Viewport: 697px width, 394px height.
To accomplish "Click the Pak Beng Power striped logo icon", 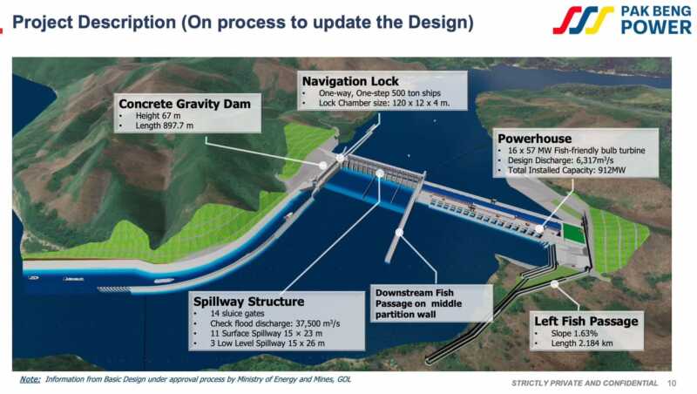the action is click(x=583, y=20).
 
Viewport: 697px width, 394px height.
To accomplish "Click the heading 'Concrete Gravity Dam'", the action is click(x=185, y=104).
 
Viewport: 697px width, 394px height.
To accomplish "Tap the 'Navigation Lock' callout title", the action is click(x=350, y=81).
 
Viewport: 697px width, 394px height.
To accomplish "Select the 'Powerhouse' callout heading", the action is click(x=534, y=139).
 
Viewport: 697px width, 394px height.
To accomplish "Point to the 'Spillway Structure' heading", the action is click(x=249, y=302).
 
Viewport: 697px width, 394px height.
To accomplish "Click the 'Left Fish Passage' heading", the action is click(x=586, y=321).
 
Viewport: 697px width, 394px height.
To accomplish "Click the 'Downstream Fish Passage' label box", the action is click(x=431, y=303).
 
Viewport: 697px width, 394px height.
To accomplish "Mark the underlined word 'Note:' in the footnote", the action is click(x=30, y=379).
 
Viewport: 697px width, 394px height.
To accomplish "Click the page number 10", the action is click(x=672, y=383).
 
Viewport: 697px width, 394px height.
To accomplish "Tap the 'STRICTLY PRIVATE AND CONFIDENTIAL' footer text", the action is click(x=585, y=383).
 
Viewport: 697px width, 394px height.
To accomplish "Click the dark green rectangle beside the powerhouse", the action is click(x=574, y=234).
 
